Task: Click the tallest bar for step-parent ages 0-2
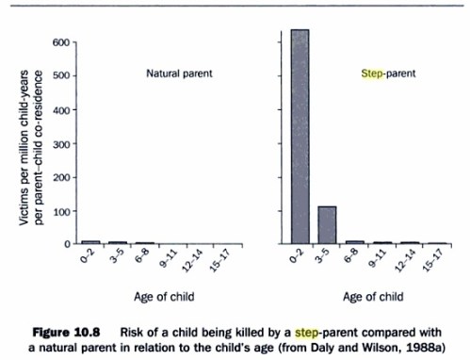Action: click(x=300, y=137)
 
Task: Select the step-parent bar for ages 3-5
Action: click(x=327, y=224)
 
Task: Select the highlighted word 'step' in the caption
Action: click(x=282, y=331)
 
